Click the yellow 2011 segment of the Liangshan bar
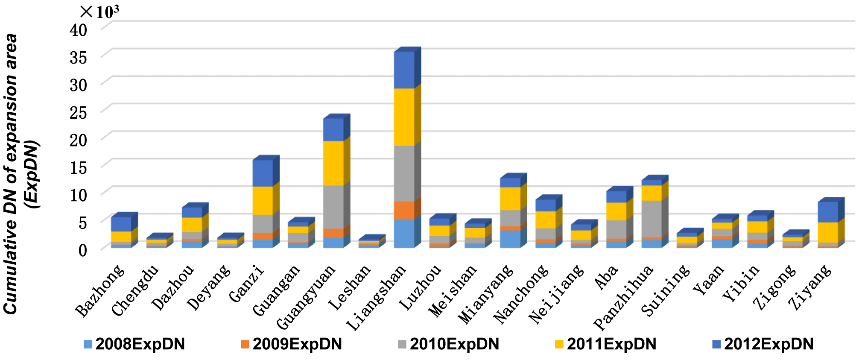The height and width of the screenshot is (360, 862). click(404, 117)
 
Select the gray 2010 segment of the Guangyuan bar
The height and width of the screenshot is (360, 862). click(333, 207)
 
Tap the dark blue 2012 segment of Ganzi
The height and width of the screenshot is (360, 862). click(263, 173)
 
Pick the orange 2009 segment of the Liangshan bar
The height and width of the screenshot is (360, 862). click(404, 210)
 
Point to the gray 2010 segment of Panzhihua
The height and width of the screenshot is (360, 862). click(652, 219)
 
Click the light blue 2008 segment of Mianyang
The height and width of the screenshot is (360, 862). click(510, 239)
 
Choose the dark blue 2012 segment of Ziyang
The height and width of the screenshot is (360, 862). click(828, 212)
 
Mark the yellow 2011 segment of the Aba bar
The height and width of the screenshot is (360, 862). click(616, 211)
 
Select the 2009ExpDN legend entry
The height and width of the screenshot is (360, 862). click(292, 344)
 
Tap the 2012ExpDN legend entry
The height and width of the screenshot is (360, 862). click(763, 344)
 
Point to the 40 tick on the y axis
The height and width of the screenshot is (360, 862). click(79, 30)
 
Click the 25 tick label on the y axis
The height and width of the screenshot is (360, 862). click(79, 113)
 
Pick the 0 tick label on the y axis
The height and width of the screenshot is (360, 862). click(83, 250)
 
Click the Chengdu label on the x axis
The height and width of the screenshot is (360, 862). click(135, 290)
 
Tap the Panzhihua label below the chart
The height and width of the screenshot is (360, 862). click(624, 297)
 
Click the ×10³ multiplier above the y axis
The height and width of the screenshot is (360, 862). click(99, 12)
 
